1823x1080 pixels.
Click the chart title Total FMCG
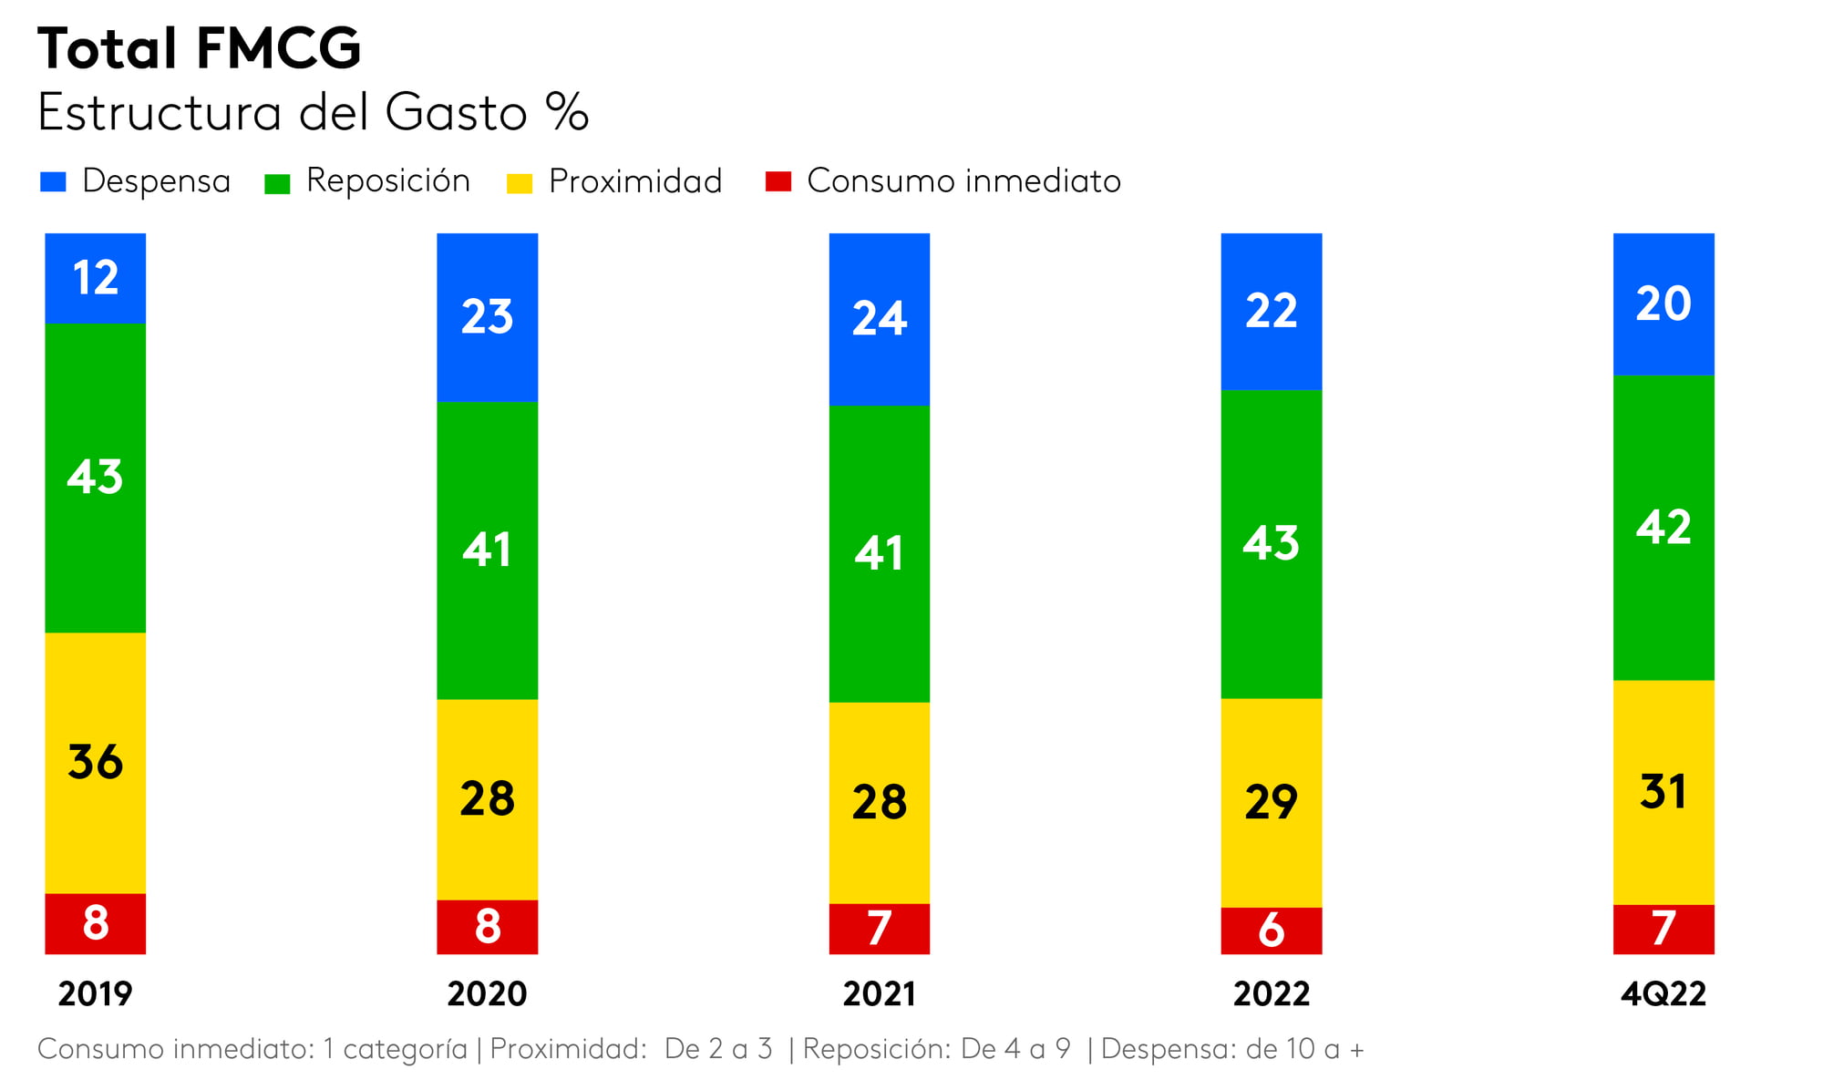[199, 48]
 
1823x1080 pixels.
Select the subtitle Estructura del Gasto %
[313, 113]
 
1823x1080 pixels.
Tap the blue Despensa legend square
[54, 181]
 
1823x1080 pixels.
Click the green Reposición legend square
[277, 183]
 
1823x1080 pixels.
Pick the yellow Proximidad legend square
[520, 183]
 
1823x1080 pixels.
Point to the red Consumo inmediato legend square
[778, 181]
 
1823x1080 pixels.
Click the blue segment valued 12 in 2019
[96, 278]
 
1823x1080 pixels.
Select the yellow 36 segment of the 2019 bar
[96, 762]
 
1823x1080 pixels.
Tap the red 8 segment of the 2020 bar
[488, 926]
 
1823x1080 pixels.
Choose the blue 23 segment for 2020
[488, 317]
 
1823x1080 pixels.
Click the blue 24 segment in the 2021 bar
[880, 319]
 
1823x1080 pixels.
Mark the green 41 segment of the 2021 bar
[880, 553]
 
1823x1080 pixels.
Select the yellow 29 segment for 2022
[1272, 802]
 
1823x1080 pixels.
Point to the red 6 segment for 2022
[1272, 930]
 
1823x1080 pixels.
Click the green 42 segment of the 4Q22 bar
[1663, 527]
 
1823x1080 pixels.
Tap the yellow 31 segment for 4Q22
[1663, 791]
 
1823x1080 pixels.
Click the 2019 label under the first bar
[96, 993]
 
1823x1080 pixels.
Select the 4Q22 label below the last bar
[1663, 993]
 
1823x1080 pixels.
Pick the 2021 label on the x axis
[880, 993]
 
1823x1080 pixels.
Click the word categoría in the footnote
[405, 1049]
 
